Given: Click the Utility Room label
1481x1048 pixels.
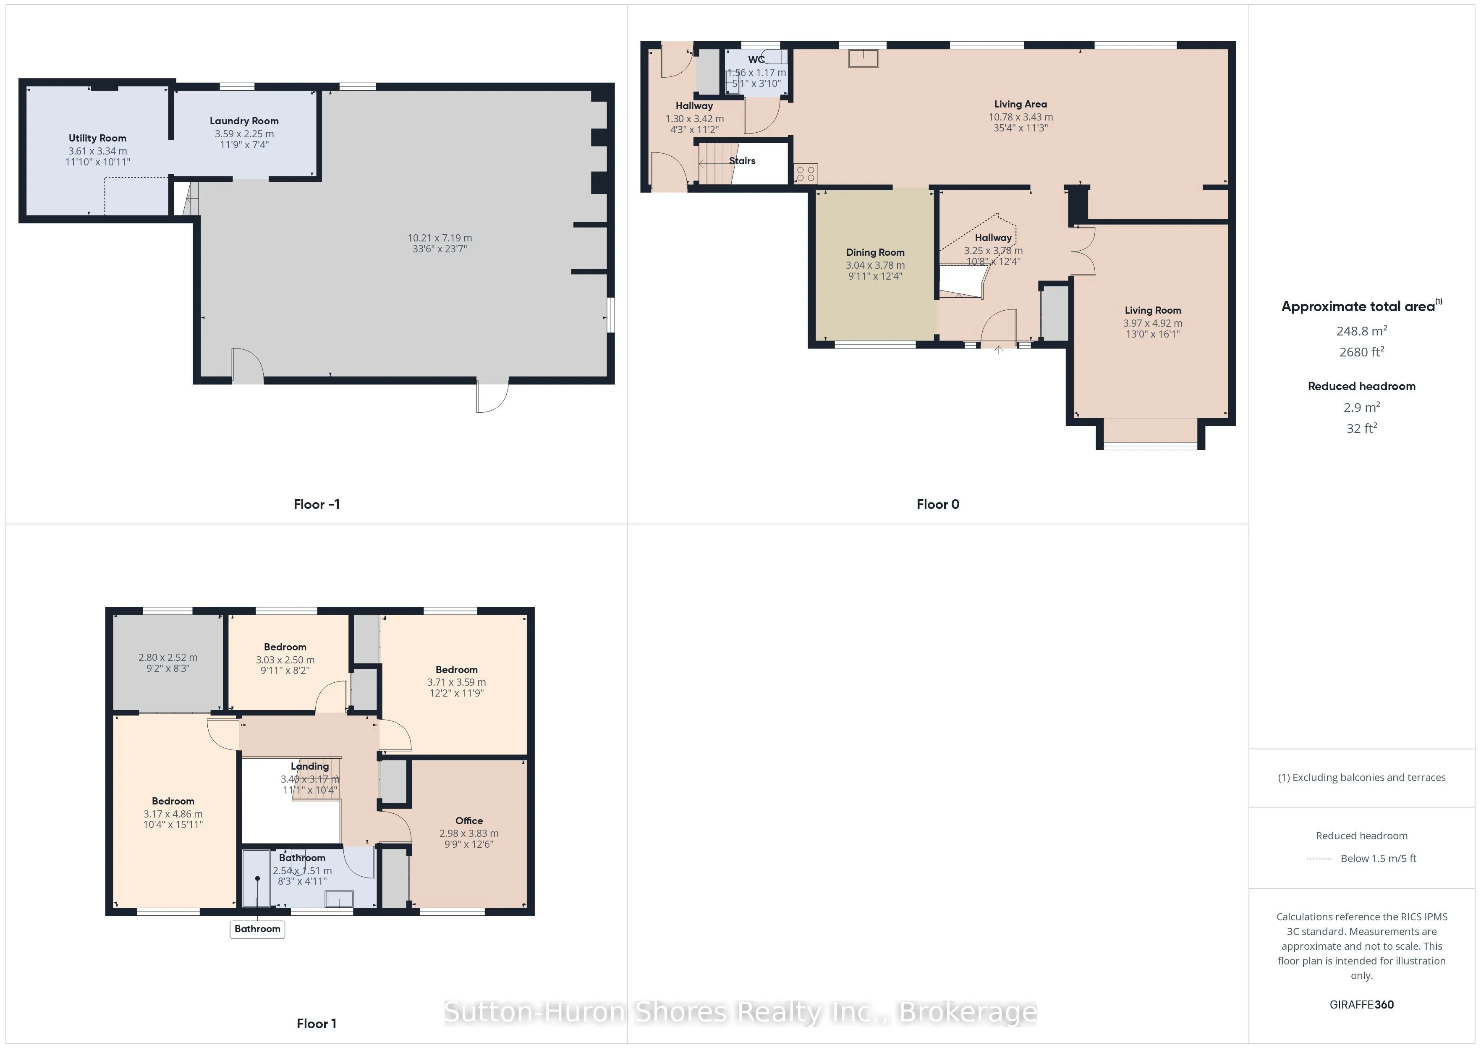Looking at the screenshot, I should pyautogui.click(x=97, y=138).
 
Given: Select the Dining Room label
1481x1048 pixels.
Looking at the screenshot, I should pyautogui.click(x=875, y=252).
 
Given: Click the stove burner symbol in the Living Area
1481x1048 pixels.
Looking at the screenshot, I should pyautogui.click(x=806, y=173).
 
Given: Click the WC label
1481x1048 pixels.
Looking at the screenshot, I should pyautogui.click(x=756, y=59).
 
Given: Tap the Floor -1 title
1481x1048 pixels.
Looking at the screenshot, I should pyautogui.click(x=316, y=505).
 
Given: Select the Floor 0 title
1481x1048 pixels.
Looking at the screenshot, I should pyautogui.click(x=937, y=505).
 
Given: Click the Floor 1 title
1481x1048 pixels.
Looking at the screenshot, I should pyautogui.click(x=316, y=1024).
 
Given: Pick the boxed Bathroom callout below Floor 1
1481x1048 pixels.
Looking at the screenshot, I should pyautogui.click(x=257, y=929).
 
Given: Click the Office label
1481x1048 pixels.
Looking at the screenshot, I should pyautogui.click(x=469, y=821).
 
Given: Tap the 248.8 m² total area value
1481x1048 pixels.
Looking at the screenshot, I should pyautogui.click(x=1361, y=331).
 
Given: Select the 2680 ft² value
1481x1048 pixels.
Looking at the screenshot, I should pyautogui.click(x=1361, y=352).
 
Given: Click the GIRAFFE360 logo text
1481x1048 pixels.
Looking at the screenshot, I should pyautogui.click(x=1361, y=1005).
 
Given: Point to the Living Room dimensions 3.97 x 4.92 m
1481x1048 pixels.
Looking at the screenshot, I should pyautogui.click(x=1153, y=323).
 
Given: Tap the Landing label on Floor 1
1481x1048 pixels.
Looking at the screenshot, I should pyautogui.click(x=310, y=767).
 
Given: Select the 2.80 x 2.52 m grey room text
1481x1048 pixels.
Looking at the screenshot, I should pyautogui.click(x=168, y=658).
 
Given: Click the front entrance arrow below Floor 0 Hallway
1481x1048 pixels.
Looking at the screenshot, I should pyautogui.click(x=999, y=351).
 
